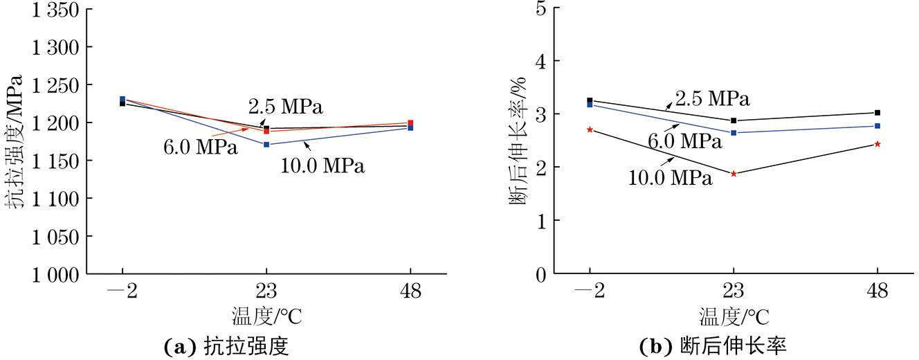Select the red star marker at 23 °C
click(x=734, y=174)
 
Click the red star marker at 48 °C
click(x=877, y=144)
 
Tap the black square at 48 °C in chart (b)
click(x=877, y=113)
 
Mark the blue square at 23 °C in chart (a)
click(x=266, y=145)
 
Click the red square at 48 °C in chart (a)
click(x=410, y=123)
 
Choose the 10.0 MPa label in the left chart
click(x=322, y=166)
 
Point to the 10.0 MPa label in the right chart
click(x=670, y=179)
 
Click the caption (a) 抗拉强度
click(x=226, y=346)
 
